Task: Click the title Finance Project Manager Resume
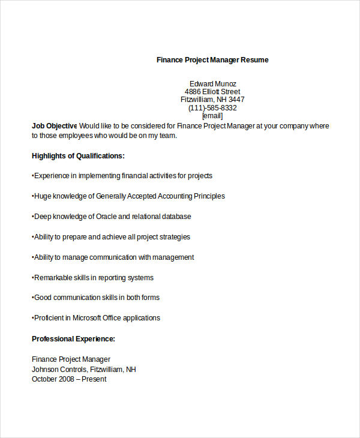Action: tap(212, 60)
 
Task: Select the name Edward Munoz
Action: tap(212, 83)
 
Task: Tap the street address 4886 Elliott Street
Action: tap(212, 92)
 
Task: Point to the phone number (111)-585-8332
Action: tap(212, 108)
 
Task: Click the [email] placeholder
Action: tap(212, 116)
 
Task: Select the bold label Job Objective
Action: tap(54, 126)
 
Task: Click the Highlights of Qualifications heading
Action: tap(78, 156)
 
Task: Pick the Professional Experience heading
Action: tap(73, 339)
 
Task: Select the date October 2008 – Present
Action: tap(69, 379)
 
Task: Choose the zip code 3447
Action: tap(236, 100)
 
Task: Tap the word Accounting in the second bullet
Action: tap(161, 196)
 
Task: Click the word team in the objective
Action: tap(169, 136)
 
